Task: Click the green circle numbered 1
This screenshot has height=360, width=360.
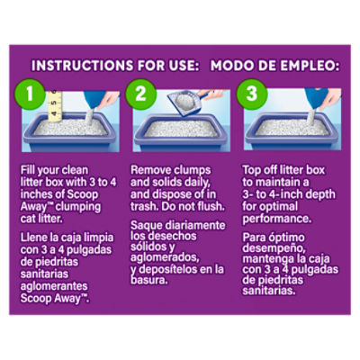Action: pyautogui.click(x=30, y=94)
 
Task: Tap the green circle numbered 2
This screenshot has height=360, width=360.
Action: pyautogui.click(x=140, y=94)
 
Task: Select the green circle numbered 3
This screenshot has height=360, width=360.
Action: pyautogui.click(x=252, y=94)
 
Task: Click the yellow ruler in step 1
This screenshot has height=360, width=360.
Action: pyautogui.click(x=55, y=106)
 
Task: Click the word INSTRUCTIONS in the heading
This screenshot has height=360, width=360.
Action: pyautogui.click(x=82, y=66)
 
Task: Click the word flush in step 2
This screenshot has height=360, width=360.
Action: pyautogui.click(x=211, y=206)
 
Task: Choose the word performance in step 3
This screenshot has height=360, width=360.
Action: pyautogui.click(x=277, y=219)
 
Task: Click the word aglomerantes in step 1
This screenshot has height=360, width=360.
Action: pyautogui.click(x=54, y=286)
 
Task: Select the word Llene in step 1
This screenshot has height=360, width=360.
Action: pyautogui.click(x=33, y=238)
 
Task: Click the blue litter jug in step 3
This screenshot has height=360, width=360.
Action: pyautogui.click(x=315, y=99)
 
